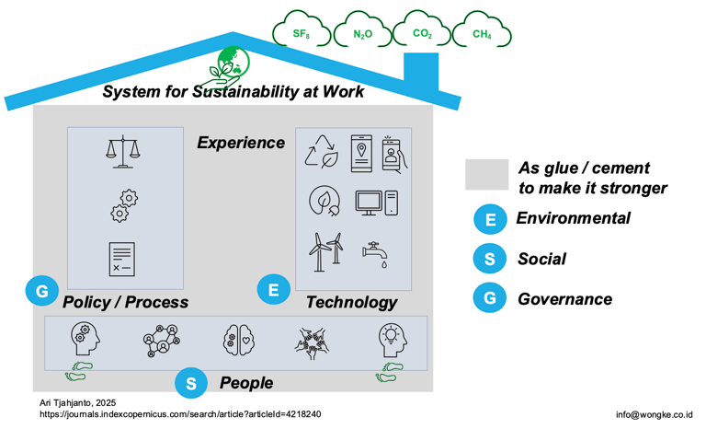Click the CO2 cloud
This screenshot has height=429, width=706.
[422, 34]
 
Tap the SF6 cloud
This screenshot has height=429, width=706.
[301, 34]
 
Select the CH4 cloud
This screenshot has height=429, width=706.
[482, 34]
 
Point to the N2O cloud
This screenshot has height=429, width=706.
[362, 34]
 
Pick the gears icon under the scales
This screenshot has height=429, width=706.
[123, 205]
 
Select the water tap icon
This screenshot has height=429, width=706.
[376, 253]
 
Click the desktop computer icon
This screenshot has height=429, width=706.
[377, 202]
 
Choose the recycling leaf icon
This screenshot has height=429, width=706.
[322, 152]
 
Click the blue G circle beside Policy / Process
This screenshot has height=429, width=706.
[41, 293]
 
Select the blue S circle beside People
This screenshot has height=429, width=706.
[190, 383]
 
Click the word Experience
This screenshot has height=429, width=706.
[241, 143]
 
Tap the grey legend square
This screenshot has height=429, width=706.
[486, 175]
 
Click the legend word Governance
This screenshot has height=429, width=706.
[564, 299]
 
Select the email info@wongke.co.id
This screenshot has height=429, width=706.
[654, 414]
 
